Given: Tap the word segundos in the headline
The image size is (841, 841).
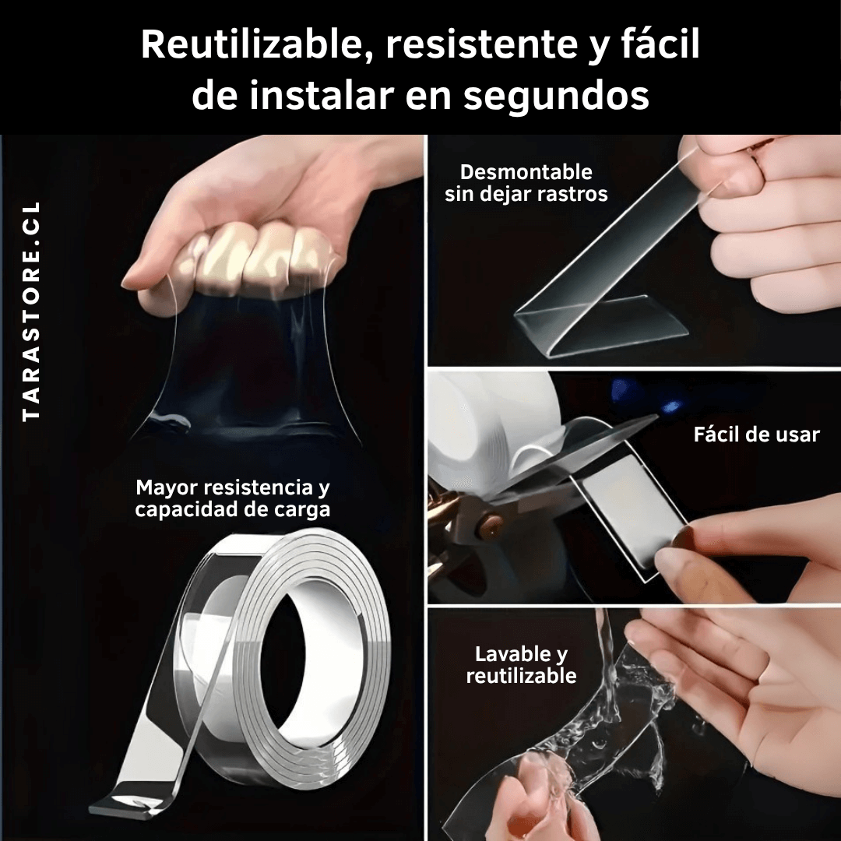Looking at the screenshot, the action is click(x=556, y=96).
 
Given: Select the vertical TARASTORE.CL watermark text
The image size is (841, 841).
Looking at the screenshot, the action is click(x=32, y=311).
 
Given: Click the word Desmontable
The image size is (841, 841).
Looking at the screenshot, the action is click(x=526, y=172).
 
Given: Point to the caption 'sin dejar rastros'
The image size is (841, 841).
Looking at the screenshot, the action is click(x=526, y=194).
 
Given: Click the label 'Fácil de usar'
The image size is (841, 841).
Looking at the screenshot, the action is click(x=756, y=435).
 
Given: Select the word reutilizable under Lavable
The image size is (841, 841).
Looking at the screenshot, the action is click(x=521, y=676).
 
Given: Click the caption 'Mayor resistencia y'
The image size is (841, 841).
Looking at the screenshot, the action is click(x=233, y=487).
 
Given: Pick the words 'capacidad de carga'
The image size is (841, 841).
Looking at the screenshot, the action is click(x=233, y=509).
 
